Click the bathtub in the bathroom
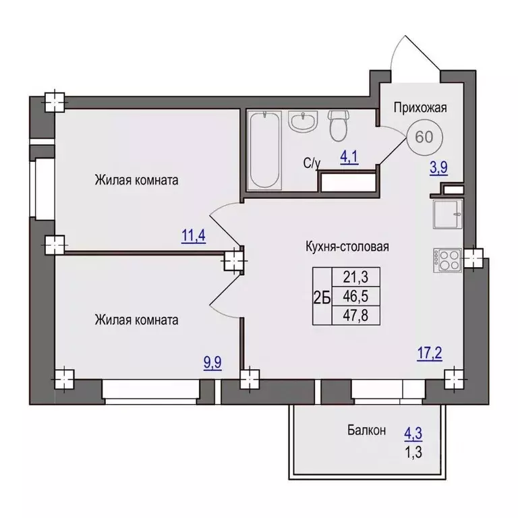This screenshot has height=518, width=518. click(x=264, y=150)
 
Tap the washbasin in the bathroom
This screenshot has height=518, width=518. click(x=302, y=121)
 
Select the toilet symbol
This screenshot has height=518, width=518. click(x=339, y=126)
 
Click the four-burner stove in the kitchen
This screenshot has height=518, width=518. click(x=447, y=260)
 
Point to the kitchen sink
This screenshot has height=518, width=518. click(x=448, y=214)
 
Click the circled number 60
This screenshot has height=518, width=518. click(x=424, y=137)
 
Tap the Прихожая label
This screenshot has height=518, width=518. click(x=420, y=108)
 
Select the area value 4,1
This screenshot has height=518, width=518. click(x=349, y=157)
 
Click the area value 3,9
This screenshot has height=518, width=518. click(x=438, y=167)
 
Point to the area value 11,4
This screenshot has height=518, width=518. click(x=194, y=236)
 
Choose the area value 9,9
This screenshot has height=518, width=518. click(x=212, y=363)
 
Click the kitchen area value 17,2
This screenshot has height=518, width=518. click(x=430, y=354)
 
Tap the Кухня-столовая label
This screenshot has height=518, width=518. click(x=347, y=247)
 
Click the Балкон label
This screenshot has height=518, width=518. click(x=366, y=430)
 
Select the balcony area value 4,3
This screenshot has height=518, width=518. click(x=413, y=434)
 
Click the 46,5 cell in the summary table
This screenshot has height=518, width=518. click(x=355, y=296)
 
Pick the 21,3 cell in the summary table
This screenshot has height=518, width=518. click(x=355, y=277)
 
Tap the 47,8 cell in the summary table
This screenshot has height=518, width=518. click(x=355, y=316)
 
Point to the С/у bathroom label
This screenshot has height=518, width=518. click(x=312, y=164)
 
